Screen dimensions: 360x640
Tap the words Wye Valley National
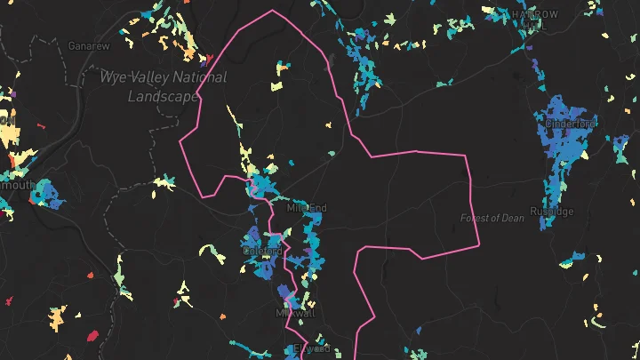click(163, 77)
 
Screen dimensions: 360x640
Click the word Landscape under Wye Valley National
click(163, 96)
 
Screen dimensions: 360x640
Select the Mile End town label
click(308, 208)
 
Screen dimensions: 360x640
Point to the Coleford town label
click(262, 252)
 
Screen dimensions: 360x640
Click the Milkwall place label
click(295, 314)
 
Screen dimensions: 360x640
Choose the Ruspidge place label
click(552, 212)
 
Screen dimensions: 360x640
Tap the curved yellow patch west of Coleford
click(214, 253)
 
